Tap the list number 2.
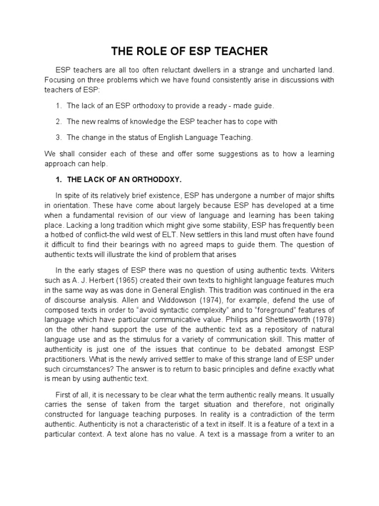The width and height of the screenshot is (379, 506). click(58, 121)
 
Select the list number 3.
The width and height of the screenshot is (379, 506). click(58, 137)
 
